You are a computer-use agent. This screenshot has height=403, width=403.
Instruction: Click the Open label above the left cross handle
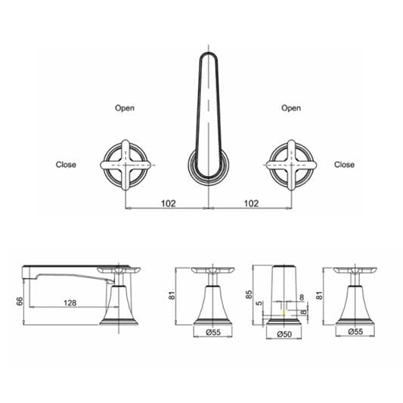[125, 108]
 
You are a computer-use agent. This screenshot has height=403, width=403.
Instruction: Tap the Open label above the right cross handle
[291, 108]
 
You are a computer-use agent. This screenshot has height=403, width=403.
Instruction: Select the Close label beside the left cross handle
[66, 164]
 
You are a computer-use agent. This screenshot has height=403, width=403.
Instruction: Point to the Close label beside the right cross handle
[344, 164]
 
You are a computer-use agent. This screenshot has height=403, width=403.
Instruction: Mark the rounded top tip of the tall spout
[206, 56]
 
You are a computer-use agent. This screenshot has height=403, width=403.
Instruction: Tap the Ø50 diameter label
[285, 333]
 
